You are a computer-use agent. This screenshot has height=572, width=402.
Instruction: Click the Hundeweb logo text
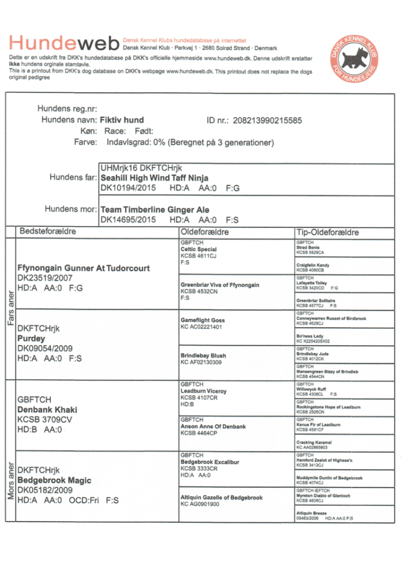click(64, 43)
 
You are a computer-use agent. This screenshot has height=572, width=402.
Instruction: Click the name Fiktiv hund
click(122, 120)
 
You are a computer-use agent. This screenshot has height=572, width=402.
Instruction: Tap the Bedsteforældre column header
click(48, 231)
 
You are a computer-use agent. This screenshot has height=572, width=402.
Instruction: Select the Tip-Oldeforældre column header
click(327, 232)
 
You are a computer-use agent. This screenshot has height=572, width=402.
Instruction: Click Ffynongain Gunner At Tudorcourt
click(84, 268)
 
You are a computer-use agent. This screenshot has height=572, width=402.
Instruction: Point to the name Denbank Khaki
click(45, 409)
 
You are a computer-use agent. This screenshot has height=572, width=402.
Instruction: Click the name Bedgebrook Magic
click(54, 480)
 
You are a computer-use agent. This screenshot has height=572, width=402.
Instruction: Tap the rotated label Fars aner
click(10, 311)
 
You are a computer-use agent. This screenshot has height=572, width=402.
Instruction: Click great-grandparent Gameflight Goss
click(202, 321)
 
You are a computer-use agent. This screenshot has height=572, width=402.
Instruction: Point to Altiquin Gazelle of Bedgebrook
click(221, 497)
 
